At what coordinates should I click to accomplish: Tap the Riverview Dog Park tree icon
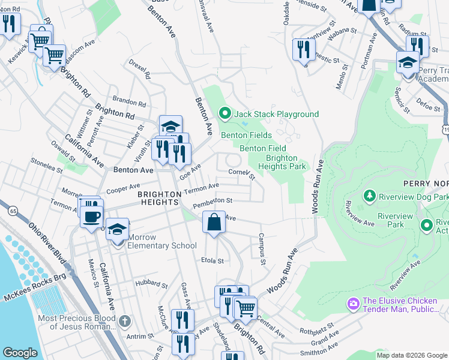coord(370,196)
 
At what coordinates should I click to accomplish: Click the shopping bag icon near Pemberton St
coord(214,223)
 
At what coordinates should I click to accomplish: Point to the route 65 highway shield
coord(12,211)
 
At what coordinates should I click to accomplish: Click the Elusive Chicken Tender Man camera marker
coord(354,304)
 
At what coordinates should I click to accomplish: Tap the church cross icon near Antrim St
coord(124,321)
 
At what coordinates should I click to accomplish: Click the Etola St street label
coord(212,261)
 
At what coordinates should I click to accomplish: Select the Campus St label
coord(262,249)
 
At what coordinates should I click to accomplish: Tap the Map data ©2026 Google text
coord(411,355)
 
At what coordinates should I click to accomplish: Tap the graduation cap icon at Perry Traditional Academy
coord(407,63)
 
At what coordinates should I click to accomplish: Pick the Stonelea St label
coord(47,166)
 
